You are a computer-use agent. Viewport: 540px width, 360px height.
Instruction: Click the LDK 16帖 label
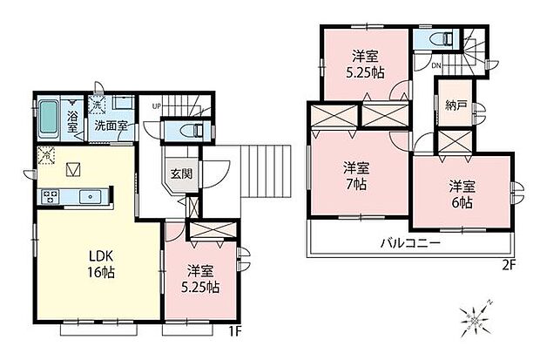[x=102, y=264]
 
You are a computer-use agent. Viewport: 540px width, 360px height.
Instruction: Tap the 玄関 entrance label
[x=181, y=173]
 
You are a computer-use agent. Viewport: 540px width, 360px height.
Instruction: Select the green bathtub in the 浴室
[x=48, y=118]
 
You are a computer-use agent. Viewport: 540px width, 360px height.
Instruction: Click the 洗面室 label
[x=111, y=126]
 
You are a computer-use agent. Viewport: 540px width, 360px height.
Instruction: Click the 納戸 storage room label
[x=456, y=105]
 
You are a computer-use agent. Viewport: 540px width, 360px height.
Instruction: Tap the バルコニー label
[x=410, y=244]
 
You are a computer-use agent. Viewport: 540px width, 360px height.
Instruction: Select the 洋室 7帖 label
[x=356, y=176]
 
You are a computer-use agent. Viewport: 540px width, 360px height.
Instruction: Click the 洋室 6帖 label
[x=462, y=194]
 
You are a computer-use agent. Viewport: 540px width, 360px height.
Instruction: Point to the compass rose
[x=476, y=320]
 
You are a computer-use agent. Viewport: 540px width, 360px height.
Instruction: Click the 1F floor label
[x=236, y=331]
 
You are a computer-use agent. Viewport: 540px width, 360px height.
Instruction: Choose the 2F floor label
[x=509, y=265]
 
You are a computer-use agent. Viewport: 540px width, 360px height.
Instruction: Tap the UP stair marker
[x=157, y=106]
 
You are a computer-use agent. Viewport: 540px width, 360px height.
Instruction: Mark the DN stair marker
[x=436, y=65]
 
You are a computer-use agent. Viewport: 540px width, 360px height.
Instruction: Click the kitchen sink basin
[x=91, y=197]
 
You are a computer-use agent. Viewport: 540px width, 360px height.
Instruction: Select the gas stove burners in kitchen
[x=51, y=197]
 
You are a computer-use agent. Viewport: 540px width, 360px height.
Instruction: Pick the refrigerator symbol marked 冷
[x=46, y=155]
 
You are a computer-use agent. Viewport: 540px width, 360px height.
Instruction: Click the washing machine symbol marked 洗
[x=97, y=105]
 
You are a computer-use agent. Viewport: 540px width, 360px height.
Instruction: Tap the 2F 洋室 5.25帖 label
[x=365, y=65]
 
